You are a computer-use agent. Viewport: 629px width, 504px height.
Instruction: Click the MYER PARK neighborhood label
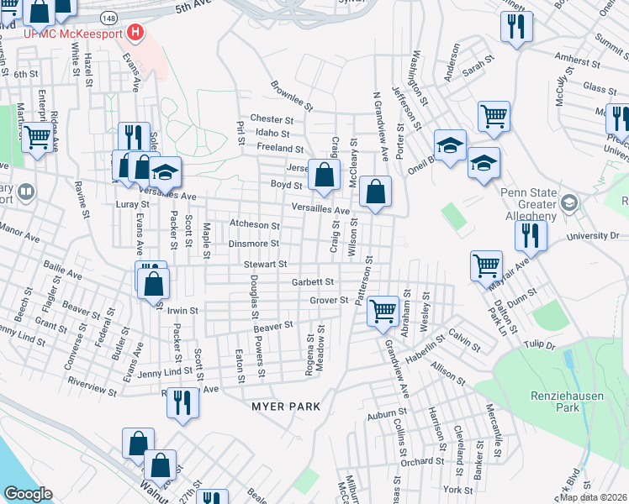pos(286,407)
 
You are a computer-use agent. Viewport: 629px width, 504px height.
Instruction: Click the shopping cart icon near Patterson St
pos(383,311)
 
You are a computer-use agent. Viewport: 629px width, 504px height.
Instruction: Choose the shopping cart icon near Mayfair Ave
pos(487,265)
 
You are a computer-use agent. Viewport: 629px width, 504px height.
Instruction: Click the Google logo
pos(28,494)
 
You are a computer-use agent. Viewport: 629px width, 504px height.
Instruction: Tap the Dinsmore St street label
pos(253,244)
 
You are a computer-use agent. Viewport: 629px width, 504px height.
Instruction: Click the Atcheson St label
pos(254,225)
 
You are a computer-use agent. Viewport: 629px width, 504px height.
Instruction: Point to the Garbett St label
pos(313,282)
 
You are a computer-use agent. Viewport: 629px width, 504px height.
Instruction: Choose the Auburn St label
pos(386,416)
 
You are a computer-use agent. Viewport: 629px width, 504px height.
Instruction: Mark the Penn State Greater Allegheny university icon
pos(570,203)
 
